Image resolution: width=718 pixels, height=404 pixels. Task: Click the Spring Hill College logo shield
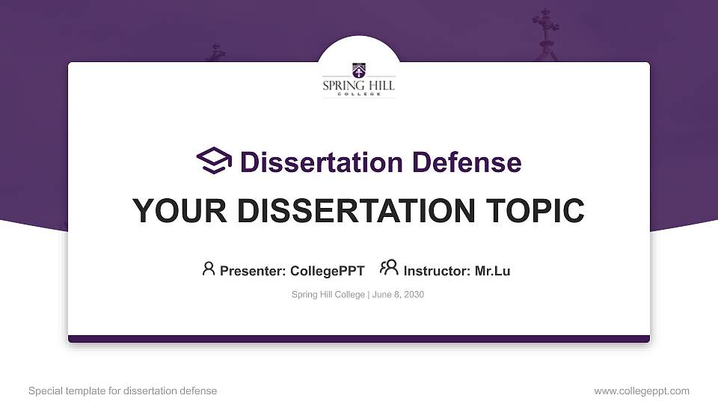pyautogui.click(x=359, y=71)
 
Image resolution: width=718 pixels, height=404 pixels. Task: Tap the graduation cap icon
pyautogui.click(x=214, y=161)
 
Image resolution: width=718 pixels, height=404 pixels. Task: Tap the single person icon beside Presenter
pyautogui.click(x=209, y=269)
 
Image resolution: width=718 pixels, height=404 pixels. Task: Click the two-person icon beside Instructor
pyautogui.click(x=389, y=269)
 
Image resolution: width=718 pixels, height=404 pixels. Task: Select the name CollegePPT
pyautogui.click(x=328, y=271)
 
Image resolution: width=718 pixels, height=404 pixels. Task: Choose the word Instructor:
pyautogui.click(x=437, y=271)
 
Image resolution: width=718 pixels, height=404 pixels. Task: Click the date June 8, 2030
pyautogui.click(x=398, y=295)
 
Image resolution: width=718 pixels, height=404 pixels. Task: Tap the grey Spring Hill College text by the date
pyautogui.click(x=328, y=295)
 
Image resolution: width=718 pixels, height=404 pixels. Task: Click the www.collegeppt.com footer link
pyautogui.click(x=642, y=391)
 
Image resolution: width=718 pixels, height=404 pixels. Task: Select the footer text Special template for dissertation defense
pyautogui.click(x=123, y=391)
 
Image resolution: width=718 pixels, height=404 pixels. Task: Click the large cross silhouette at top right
pyautogui.click(x=545, y=30)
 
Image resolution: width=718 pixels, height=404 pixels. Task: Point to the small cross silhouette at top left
pyautogui.click(x=216, y=52)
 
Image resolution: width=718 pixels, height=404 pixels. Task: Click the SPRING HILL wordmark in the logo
pyautogui.click(x=359, y=87)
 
